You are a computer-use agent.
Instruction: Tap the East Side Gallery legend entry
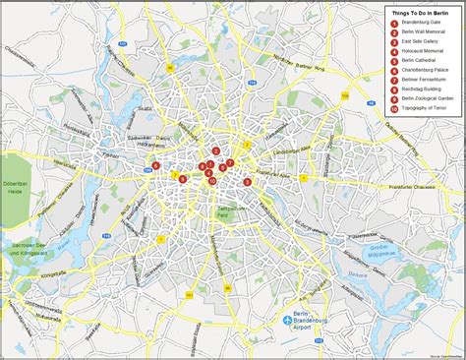pos(422,41)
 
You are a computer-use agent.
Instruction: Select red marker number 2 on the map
pos(215,151)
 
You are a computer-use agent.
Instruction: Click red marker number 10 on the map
pos(212,181)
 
